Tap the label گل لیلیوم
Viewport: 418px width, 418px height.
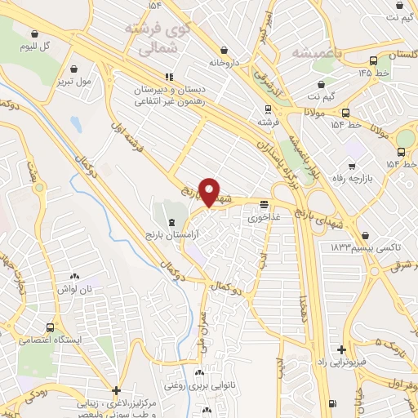34,46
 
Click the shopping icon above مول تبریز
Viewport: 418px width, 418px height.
75,69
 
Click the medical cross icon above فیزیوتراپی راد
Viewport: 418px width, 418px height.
341,349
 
